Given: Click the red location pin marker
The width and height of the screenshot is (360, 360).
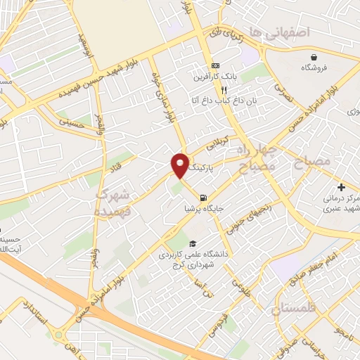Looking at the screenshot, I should pyautogui.click(x=180, y=165).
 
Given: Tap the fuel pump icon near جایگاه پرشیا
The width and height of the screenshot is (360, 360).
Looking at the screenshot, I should pyautogui.click(x=203, y=198).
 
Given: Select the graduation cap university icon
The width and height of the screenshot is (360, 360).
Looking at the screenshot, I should pyautogui.click(x=173, y=243).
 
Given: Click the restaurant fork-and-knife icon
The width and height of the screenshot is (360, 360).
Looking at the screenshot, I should pyautogui.click(x=224, y=90).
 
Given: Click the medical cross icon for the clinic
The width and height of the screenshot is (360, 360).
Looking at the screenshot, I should pyautogui.click(x=341, y=187).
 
